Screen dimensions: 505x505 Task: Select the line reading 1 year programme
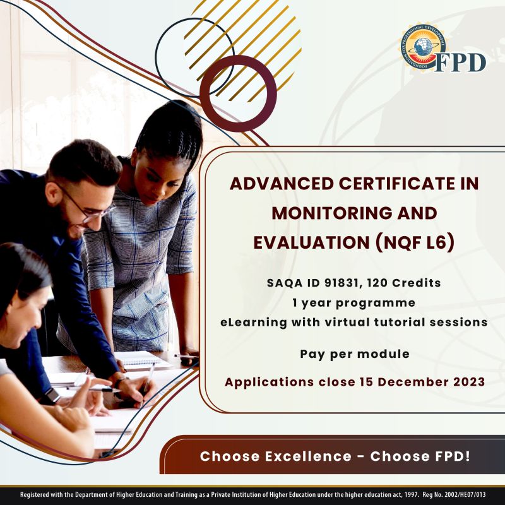point(353,302)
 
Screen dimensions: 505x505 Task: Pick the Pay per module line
point(354,354)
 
